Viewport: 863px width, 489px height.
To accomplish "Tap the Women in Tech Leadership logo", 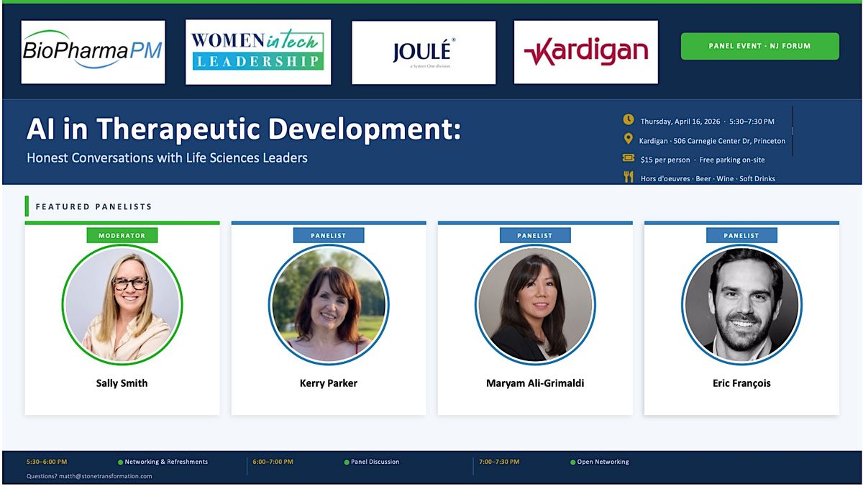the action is click(258, 52).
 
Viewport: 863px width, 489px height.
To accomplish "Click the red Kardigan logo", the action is click(586, 52).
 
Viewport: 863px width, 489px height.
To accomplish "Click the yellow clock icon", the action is click(629, 119).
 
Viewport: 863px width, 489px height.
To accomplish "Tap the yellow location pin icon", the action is click(628, 139).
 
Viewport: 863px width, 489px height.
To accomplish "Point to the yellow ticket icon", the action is click(629, 157).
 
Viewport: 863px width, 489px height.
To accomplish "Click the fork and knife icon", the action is click(629, 176).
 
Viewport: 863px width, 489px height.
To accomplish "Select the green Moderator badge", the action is click(122, 235).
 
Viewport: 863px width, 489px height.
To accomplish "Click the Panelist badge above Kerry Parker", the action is click(329, 235).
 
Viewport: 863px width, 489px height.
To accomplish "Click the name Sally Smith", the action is click(122, 383).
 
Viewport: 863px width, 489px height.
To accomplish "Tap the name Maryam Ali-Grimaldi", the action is click(535, 383).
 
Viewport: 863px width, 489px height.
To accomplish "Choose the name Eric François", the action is click(741, 383).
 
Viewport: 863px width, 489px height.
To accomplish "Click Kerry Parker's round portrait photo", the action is click(329, 305).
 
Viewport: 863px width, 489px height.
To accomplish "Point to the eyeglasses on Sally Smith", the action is click(130, 284).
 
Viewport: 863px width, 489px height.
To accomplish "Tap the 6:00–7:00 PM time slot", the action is click(273, 462).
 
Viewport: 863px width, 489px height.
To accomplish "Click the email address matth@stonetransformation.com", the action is click(105, 476).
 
